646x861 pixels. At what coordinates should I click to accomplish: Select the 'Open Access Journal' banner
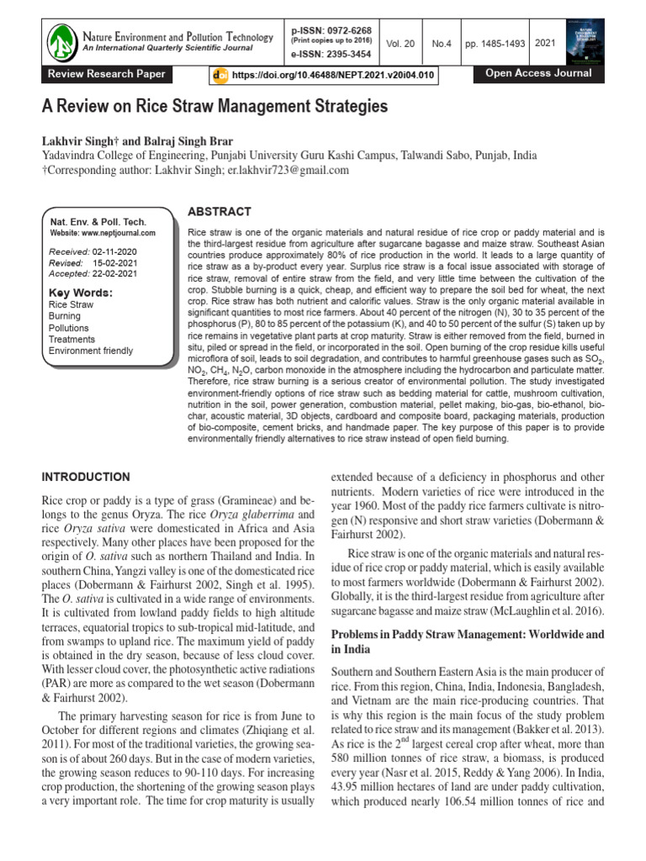tap(538, 74)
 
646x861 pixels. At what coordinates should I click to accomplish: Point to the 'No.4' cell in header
tap(440, 42)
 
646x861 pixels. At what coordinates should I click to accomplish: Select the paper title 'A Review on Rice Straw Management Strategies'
tap(214, 108)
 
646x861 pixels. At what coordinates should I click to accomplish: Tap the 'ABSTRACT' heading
tap(219, 212)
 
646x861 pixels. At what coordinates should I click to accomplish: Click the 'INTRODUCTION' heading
tap(86, 477)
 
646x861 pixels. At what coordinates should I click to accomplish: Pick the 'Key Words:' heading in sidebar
tap(81, 293)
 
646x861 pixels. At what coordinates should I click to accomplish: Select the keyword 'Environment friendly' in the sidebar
tap(91, 351)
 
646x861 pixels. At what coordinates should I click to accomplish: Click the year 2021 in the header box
tap(544, 42)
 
